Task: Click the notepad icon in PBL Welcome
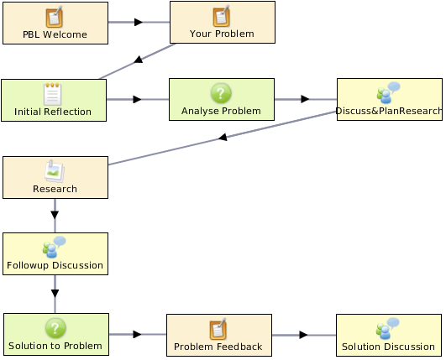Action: tap(54, 17)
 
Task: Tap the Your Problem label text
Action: tap(222, 34)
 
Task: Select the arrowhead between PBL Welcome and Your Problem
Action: tap(139, 22)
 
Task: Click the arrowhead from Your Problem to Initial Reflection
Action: tap(139, 60)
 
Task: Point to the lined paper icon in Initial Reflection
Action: tap(53, 94)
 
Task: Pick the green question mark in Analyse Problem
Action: tap(221, 93)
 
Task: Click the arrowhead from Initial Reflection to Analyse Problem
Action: tap(138, 99)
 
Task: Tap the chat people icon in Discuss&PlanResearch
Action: tap(388, 92)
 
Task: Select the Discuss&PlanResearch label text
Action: tap(389, 111)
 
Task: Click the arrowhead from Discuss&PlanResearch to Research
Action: tap(223, 138)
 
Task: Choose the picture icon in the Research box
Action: tap(55, 171)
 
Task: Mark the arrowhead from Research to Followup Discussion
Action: tap(55, 215)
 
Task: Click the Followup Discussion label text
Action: tap(55, 265)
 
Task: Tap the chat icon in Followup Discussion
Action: tap(54, 247)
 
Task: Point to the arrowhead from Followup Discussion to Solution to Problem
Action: tap(55, 294)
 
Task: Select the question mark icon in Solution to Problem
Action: tap(55, 328)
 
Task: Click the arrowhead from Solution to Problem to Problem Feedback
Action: tap(138, 334)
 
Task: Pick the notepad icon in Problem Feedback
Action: tap(218, 329)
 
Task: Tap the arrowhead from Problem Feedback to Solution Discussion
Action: tap(303, 335)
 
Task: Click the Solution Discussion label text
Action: tap(388, 347)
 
